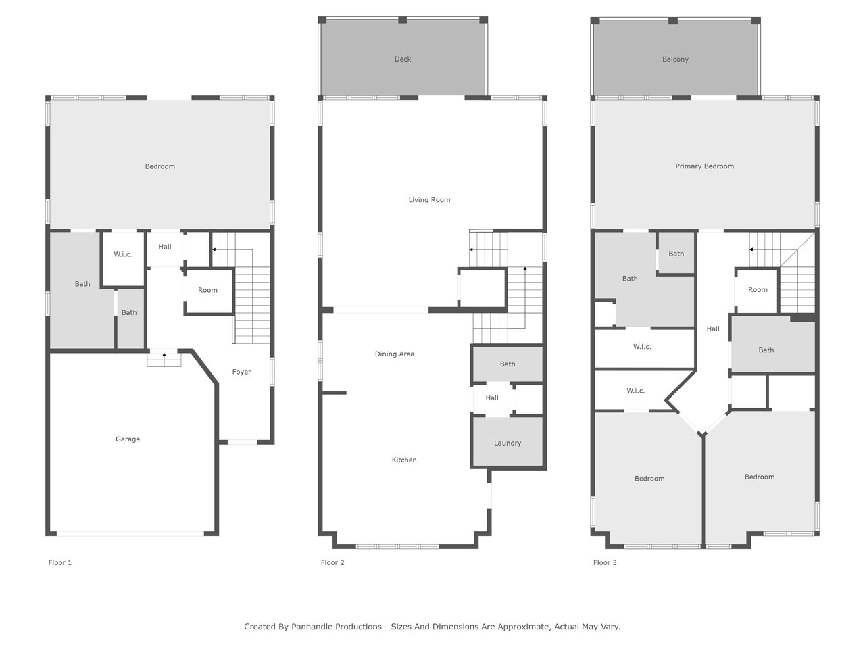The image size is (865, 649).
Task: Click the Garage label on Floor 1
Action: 128,439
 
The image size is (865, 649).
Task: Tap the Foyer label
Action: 241,372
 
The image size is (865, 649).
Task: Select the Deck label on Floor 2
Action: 402,59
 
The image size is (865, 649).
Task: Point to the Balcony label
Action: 675,59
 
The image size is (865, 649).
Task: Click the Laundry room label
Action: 508,443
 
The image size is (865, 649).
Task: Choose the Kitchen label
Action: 404,460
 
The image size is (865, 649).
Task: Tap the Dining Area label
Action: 395,354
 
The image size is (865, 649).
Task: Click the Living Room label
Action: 429,200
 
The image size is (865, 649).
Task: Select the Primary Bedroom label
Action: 705,166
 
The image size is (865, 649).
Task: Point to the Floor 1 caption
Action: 60,562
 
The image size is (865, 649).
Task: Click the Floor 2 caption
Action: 332,562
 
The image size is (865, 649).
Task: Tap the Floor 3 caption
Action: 605,562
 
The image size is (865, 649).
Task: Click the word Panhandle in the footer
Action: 337,627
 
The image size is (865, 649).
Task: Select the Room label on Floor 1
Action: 207,291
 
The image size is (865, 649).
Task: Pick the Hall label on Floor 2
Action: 492,398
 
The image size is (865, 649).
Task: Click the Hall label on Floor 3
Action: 713,329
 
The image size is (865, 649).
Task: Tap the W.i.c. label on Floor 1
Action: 122,255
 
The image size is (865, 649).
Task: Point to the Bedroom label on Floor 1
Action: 160,166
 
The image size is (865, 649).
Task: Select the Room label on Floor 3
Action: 758,290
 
